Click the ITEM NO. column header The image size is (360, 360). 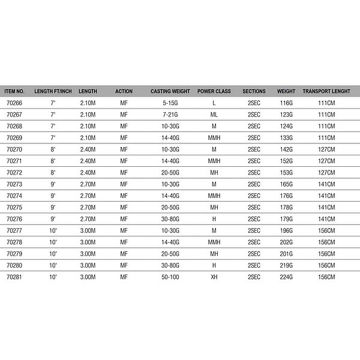point(14,91)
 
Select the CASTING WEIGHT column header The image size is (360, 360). point(170,91)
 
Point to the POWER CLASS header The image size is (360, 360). point(214,91)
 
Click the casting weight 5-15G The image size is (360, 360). point(170,103)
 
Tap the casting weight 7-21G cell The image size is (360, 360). point(170,115)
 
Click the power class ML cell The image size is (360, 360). point(214,115)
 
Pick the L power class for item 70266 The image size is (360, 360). point(214,103)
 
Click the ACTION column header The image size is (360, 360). point(124,91)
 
